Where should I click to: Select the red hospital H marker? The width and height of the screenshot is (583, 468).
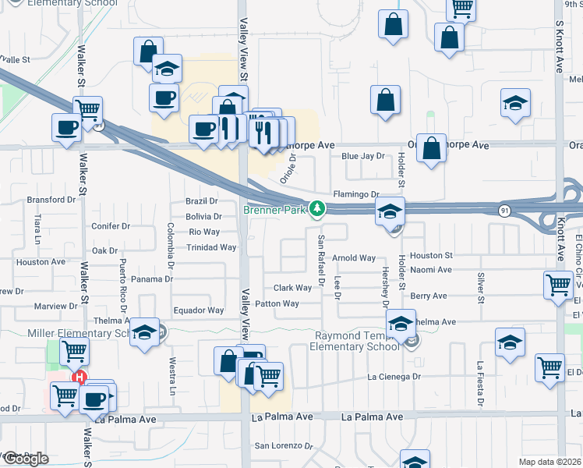coord(79,378)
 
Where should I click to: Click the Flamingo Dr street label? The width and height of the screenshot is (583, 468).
coord(355,194)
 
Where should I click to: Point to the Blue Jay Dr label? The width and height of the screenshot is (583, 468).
coord(363,156)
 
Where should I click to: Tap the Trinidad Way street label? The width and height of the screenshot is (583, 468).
coord(211,247)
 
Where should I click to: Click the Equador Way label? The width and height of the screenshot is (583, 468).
coord(198,310)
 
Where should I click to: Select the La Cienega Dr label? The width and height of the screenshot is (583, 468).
coord(394,377)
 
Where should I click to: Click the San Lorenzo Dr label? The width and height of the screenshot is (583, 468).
coord(284,447)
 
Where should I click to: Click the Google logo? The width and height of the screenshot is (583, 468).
coord(26,459)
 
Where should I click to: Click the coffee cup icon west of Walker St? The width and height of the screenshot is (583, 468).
coord(67,127)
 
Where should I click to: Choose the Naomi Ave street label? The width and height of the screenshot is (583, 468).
coord(431,270)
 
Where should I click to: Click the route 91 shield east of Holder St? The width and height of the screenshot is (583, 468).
coord(505,210)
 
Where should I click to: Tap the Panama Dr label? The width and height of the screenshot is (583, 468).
coord(151,278)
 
